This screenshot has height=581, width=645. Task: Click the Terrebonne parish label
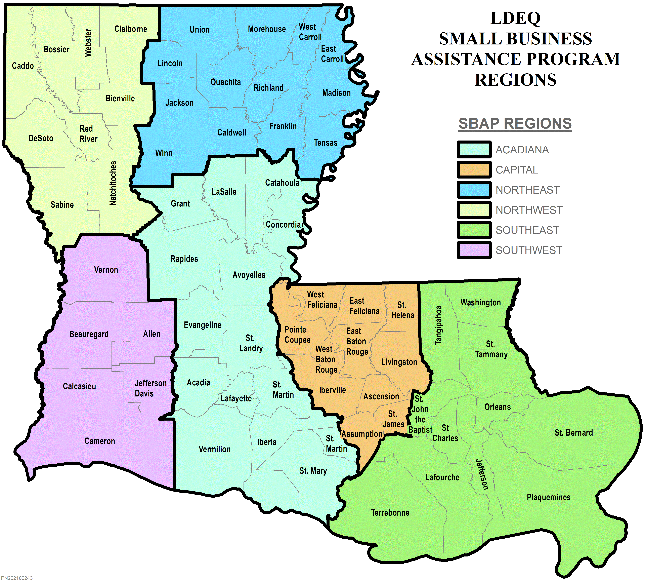(x=390, y=513)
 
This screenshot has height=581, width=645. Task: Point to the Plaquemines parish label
(x=548, y=497)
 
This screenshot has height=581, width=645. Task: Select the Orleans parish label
(x=497, y=407)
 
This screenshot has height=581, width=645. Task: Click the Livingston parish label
(x=399, y=362)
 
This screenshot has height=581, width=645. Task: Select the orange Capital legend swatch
(x=474, y=169)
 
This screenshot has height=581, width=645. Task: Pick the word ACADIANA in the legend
(x=522, y=150)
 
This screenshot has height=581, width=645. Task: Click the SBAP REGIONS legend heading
(x=515, y=124)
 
